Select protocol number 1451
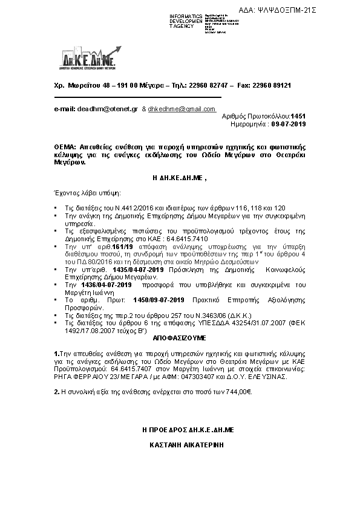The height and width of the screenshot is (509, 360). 299,115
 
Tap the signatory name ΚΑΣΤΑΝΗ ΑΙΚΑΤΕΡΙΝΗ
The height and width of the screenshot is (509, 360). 180,443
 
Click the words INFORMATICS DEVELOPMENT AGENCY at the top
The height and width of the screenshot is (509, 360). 186,21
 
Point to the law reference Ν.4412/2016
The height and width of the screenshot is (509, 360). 113,190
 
